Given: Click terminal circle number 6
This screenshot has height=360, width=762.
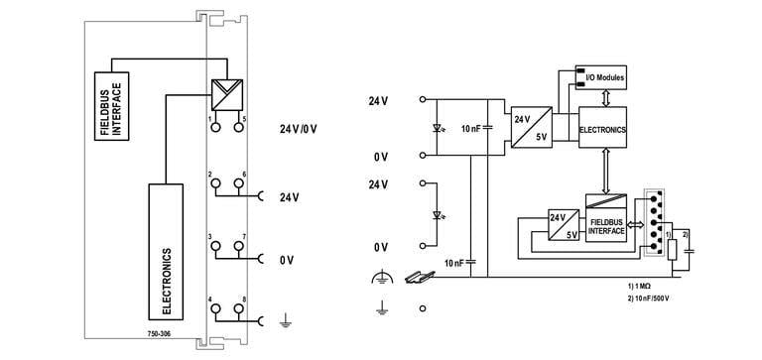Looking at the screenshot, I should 239,184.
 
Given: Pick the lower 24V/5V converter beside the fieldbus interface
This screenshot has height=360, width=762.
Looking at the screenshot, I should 563,226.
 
